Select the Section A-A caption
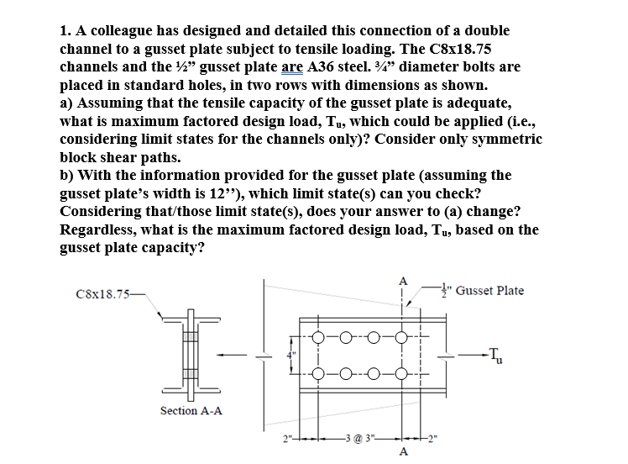[x=191, y=410]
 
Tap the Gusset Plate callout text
[x=490, y=291]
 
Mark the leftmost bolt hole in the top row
[x=319, y=339]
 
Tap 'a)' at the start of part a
[x=68, y=103]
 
